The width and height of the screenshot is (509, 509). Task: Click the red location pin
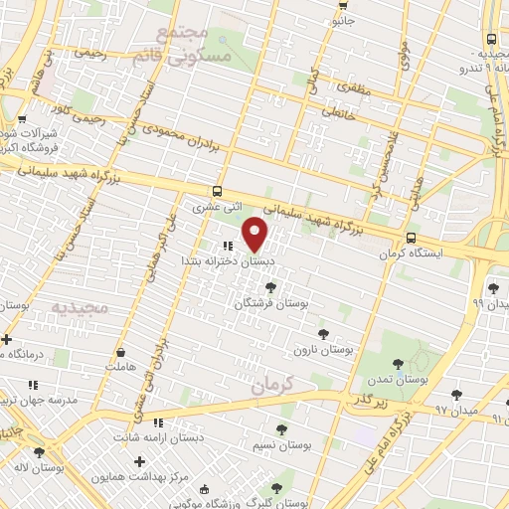(x=255, y=234)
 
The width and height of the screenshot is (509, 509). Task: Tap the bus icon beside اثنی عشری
(x=217, y=191)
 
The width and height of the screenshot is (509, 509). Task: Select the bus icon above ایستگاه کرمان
(x=412, y=238)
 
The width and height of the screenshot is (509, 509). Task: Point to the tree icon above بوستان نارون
(x=321, y=333)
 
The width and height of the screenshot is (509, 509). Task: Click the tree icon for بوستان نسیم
(x=281, y=429)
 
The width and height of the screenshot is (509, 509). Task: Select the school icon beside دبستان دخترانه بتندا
(x=228, y=245)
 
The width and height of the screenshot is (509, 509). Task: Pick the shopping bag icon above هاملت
(x=121, y=351)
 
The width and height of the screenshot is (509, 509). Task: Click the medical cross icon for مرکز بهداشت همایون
(x=140, y=461)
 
